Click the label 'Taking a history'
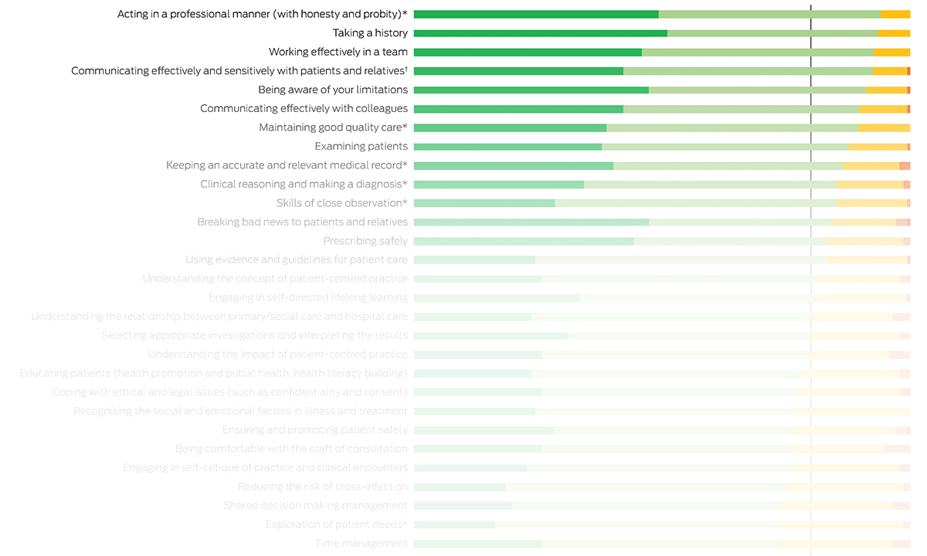pos(370,33)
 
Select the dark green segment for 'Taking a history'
pos(540,33)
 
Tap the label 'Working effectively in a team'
pos(338,52)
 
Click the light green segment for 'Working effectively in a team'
pos(758,52)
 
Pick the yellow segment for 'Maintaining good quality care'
pos(884,127)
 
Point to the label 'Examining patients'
pos(361,146)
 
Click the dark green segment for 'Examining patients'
pos(508,146)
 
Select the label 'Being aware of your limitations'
pos(333,90)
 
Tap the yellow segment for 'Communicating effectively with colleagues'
pos(882,109)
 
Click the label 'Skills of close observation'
pos(341,203)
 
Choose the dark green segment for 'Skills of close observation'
pos(484,203)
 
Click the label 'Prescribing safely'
pos(365,241)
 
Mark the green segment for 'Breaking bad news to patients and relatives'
pos(531,222)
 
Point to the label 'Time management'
pos(361,543)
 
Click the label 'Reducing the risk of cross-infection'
pos(322,486)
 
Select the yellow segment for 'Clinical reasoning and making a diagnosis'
pos(869,185)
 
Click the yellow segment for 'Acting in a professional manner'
pos(895,14)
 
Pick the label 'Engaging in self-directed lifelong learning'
pos(308,297)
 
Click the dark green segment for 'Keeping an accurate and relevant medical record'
pos(514,165)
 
